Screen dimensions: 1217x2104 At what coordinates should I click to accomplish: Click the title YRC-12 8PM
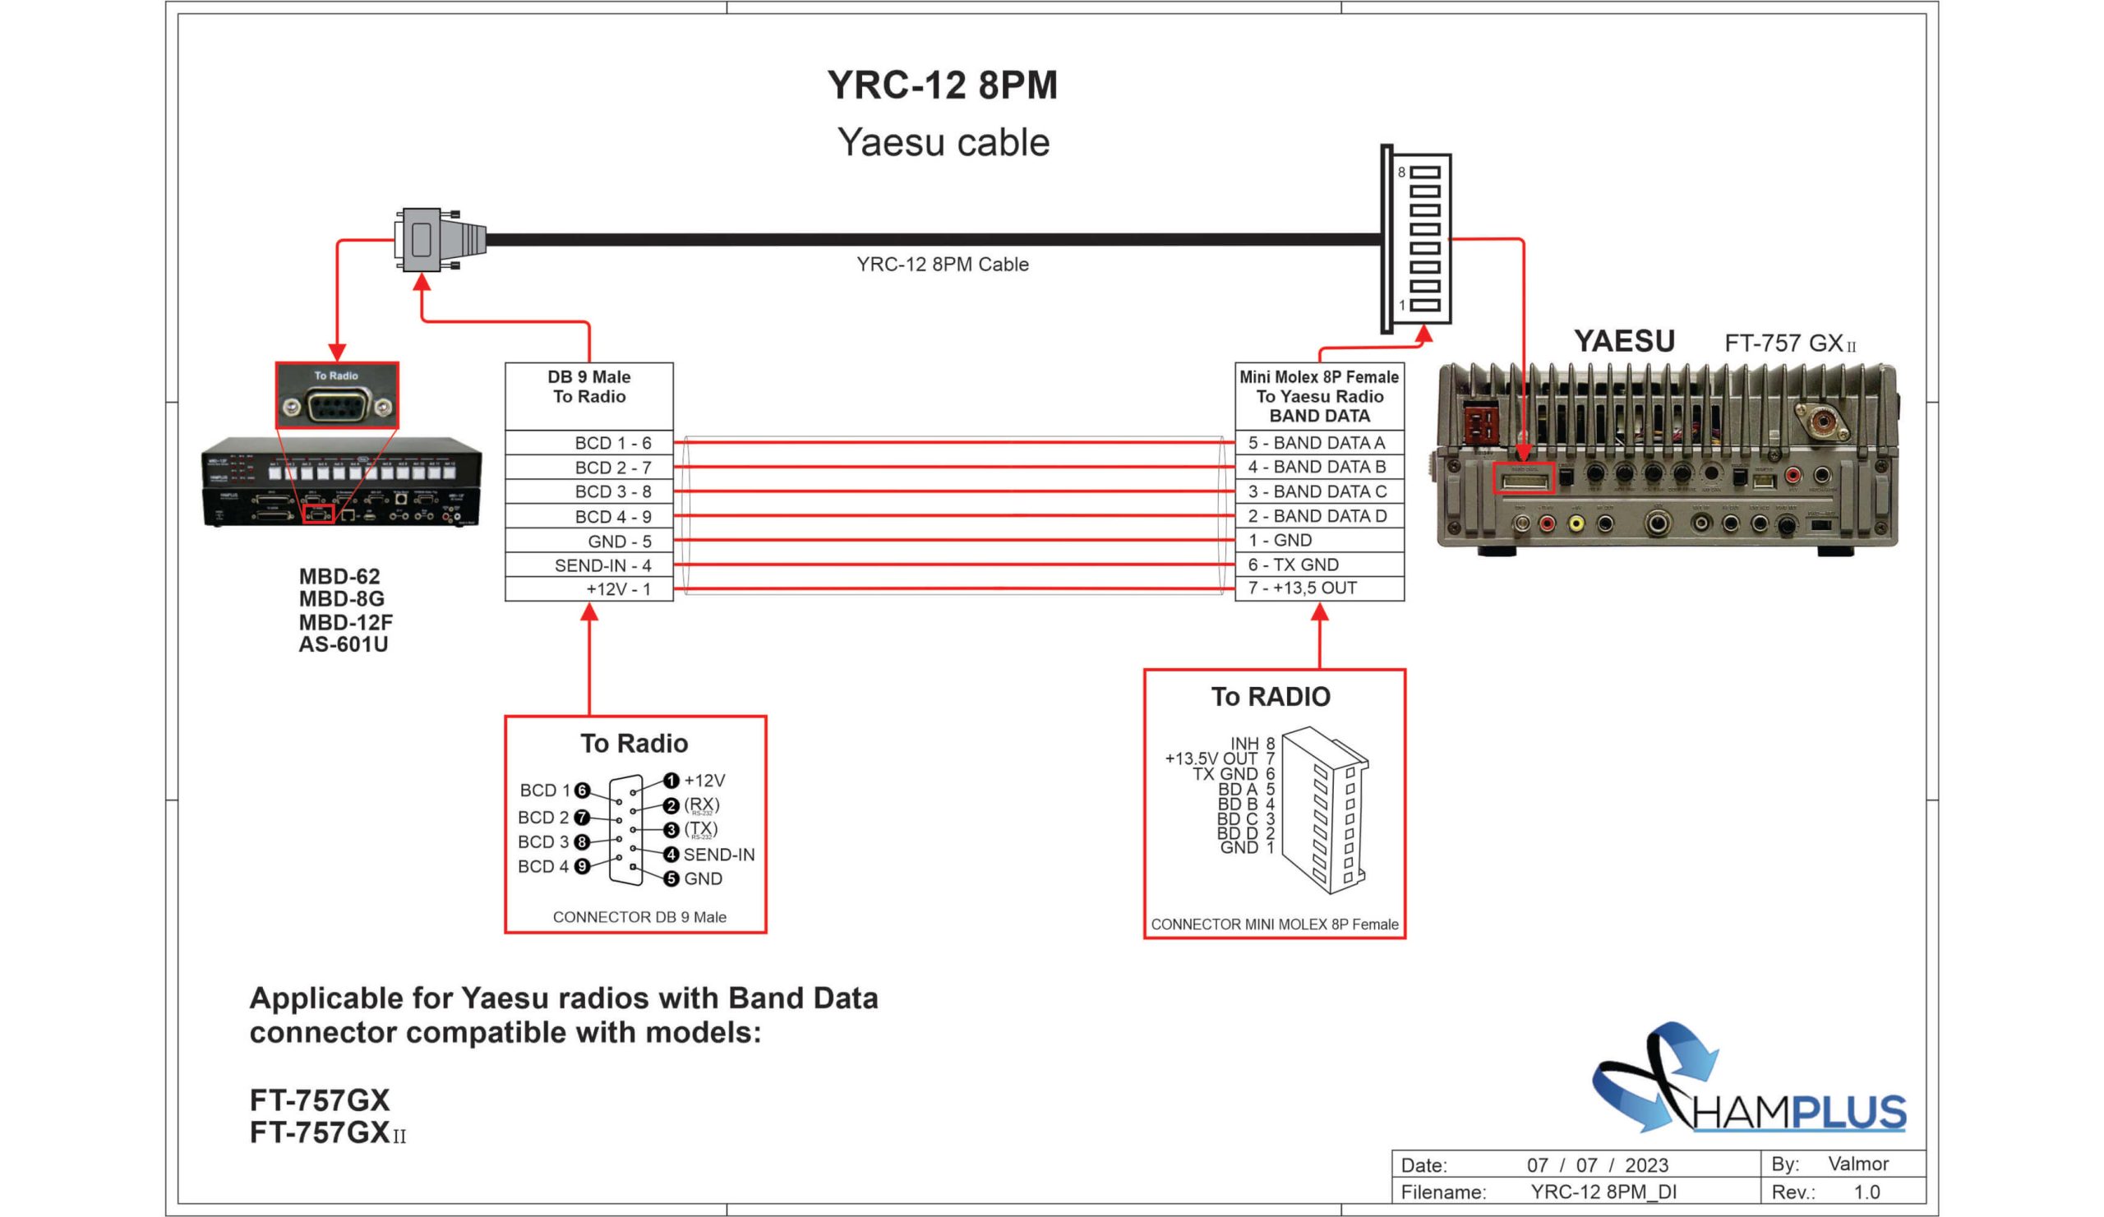pos(942,85)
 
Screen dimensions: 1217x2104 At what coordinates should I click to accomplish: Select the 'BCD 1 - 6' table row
pos(588,442)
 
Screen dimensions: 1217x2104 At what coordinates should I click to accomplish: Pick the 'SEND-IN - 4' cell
pos(588,565)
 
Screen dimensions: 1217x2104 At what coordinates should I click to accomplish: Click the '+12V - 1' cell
pos(588,589)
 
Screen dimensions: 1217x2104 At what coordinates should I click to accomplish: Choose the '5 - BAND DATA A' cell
pos(1319,442)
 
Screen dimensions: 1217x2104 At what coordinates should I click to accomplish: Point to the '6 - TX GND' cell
pos(1319,565)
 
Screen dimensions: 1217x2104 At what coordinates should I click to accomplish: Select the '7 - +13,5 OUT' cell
pos(1319,588)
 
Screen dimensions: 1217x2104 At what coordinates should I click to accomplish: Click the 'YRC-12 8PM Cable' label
pos(942,265)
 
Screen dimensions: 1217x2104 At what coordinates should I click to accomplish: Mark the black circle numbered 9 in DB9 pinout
pos(583,866)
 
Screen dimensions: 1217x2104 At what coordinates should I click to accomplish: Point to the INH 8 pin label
pos(1253,743)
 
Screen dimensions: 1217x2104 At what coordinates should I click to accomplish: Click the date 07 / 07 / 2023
pos(1597,1164)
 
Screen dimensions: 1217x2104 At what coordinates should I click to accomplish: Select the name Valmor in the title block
pos(1857,1164)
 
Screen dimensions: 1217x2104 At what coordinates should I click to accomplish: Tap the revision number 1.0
pos(1866,1192)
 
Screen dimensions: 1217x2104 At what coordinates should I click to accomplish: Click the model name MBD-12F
pos(346,622)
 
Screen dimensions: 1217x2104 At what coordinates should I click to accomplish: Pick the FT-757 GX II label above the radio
pos(1789,343)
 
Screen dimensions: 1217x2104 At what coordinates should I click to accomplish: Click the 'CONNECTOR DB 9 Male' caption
pos(639,916)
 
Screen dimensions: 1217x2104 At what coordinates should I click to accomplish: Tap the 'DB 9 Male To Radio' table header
pos(588,386)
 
